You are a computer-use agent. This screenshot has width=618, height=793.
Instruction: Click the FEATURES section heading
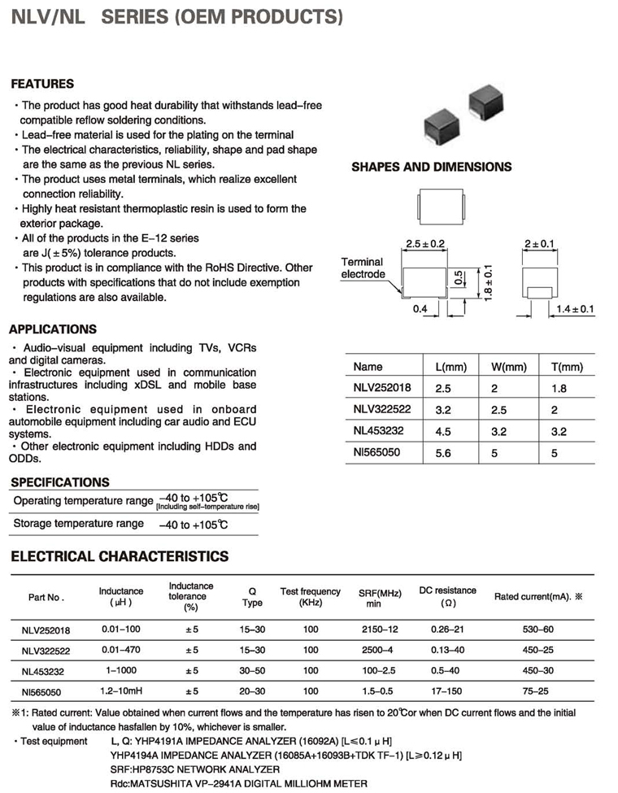tap(42, 84)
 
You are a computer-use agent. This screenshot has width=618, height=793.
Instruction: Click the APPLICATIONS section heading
tap(52, 329)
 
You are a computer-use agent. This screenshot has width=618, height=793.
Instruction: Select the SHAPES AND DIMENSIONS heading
tap(431, 167)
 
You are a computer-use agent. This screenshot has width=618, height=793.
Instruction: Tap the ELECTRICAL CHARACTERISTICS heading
tap(119, 556)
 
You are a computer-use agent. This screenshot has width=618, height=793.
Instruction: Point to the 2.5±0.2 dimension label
tap(425, 244)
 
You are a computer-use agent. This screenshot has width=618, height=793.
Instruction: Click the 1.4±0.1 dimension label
tap(576, 309)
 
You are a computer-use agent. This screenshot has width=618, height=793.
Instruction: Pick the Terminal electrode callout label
tap(363, 268)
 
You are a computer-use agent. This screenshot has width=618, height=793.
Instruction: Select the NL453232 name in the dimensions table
tap(378, 430)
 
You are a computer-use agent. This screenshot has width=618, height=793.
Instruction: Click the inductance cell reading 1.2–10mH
tap(122, 691)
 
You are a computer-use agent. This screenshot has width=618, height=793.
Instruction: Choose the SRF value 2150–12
tap(374, 629)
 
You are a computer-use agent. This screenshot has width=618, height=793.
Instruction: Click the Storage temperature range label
tap(78, 524)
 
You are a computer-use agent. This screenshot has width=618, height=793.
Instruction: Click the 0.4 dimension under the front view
tap(420, 310)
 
